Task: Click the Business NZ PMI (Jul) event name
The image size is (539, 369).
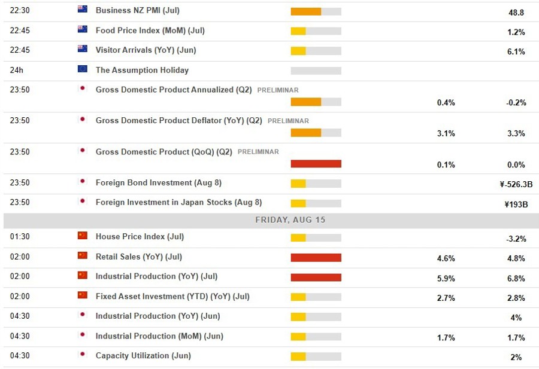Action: (137, 10)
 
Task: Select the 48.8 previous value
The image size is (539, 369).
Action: (516, 12)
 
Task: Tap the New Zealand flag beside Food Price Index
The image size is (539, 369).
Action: (83, 29)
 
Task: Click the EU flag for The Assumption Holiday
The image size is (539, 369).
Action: (83, 69)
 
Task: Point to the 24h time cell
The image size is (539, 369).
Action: (17, 70)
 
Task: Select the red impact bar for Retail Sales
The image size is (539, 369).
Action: (316, 258)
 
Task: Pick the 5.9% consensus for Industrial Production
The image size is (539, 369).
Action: (446, 278)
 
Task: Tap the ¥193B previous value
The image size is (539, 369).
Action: (516, 204)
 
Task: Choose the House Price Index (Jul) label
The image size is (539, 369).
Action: (140, 237)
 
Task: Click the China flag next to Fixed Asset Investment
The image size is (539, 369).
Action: (83, 295)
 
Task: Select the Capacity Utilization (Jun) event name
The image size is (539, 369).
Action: (143, 356)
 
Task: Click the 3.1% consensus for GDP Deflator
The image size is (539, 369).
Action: (446, 133)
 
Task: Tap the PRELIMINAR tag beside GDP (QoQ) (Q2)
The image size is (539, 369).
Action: (258, 152)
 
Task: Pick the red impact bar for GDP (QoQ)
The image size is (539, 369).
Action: (316, 164)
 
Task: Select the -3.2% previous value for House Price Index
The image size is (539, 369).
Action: (516, 239)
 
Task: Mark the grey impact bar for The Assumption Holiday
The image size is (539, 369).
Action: (316, 71)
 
